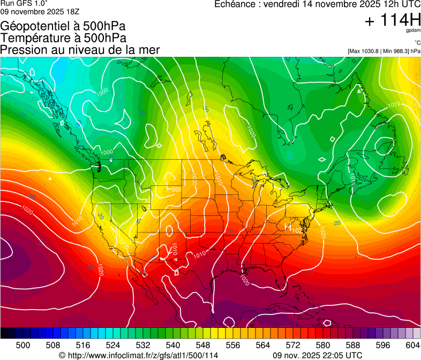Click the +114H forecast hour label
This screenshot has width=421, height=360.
click(392, 21)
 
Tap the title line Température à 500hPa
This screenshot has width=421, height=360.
click(63, 38)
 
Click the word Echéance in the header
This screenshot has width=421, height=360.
click(237, 4)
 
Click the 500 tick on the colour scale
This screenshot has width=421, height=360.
click(23, 344)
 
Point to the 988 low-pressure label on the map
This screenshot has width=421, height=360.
click(177, 189)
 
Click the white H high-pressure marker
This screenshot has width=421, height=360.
click(288, 227)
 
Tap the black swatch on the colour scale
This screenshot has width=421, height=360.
click(4, 333)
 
